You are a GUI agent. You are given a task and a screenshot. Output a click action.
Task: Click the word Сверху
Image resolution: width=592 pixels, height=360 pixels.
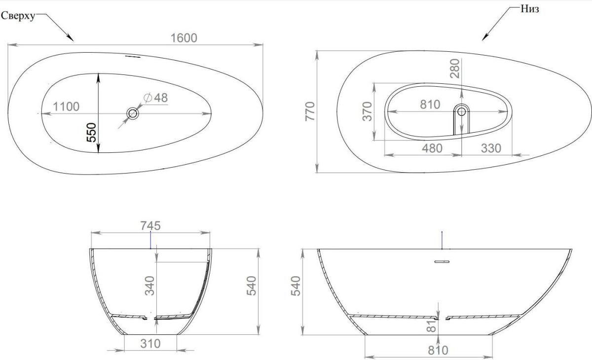[18, 16]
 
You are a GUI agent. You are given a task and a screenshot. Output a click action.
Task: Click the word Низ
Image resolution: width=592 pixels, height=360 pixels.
[530, 9]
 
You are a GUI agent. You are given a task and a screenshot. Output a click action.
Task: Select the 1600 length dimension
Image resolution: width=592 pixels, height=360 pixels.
[184, 38]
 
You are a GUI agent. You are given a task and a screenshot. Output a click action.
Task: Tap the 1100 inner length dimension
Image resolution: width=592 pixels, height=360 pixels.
[66, 107]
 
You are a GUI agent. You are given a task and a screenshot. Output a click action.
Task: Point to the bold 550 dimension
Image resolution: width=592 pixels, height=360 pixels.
[91, 132]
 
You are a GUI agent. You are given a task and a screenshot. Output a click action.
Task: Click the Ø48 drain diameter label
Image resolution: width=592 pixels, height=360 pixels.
[156, 98]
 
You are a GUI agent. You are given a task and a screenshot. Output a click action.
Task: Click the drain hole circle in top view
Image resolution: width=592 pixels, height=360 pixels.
[132, 113]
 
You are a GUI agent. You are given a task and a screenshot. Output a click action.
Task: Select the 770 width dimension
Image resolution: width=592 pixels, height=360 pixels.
[310, 111]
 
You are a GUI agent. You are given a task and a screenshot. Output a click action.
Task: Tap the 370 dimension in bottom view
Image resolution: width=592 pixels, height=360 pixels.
[367, 111]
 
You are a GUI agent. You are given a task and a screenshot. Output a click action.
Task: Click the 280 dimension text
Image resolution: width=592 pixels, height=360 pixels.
[455, 69]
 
